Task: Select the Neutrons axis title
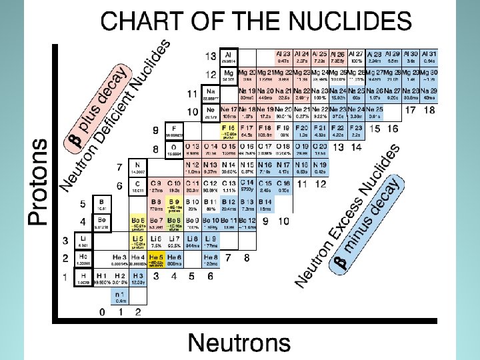pos(239,342)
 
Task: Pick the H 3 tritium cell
pos(139,277)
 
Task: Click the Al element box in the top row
pos(229,56)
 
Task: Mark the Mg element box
pos(229,75)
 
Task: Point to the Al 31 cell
pos(429,56)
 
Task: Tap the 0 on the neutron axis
pos(102,311)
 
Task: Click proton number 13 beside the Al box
pos(211,56)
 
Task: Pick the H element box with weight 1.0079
pos(83,277)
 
